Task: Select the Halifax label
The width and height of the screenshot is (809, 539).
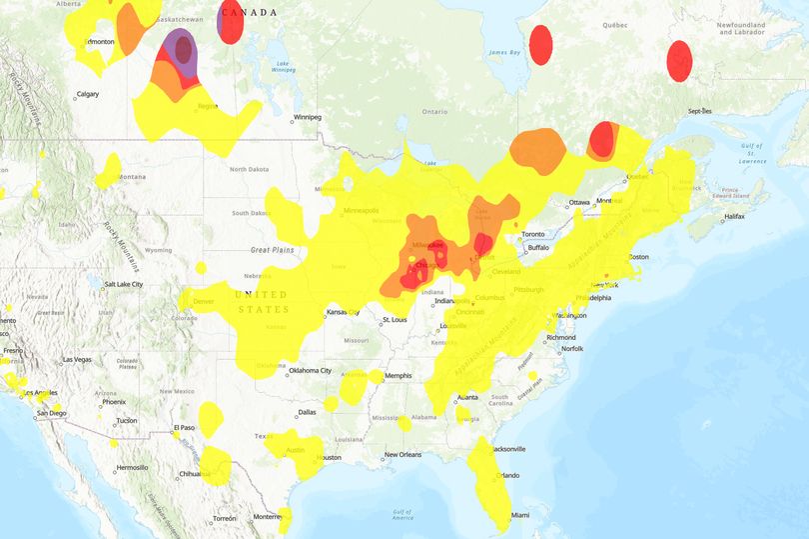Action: tap(734, 217)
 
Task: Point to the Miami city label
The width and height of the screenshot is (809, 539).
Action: tap(519, 515)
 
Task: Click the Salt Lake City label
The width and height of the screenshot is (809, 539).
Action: tap(120, 284)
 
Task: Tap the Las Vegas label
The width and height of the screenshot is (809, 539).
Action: tap(76, 359)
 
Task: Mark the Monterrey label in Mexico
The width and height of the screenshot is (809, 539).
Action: tap(267, 517)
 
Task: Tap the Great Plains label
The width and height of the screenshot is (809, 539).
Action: tap(273, 250)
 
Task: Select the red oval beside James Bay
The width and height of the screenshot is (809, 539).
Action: tap(540, 44)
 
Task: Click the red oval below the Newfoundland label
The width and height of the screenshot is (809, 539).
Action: tap(679, 61)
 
